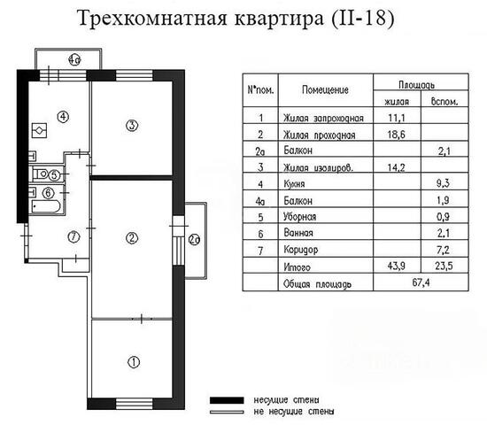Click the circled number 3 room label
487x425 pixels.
click(x=132, y=126)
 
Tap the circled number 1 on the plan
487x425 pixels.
click(x=134, y=362)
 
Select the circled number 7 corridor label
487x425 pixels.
click(x=73, y=237)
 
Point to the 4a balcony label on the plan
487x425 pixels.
click(x=74, y=59)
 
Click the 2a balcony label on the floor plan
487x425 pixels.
click(x=195, y=240)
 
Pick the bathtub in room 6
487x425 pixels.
click(x=46, y=206)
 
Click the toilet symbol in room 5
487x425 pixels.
click(x=41, y=174)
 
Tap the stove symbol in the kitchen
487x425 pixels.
click(x=40, y=130)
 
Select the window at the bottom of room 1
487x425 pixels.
click(x=135, y=404)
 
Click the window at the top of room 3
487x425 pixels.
click(x=135, y=75)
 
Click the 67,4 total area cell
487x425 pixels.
click(x=421, y=282)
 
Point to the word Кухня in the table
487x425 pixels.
click(x=294, y=184)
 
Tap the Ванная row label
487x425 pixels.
click(x=298, y=233)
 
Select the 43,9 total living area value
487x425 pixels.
click(x=397, y=266)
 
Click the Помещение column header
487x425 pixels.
click(x=325, y=89)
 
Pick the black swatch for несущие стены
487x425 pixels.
click(x=227, y=400)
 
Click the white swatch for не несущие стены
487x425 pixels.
click(x=227, y=413)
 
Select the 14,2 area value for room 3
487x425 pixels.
click(x=397, y=167)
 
